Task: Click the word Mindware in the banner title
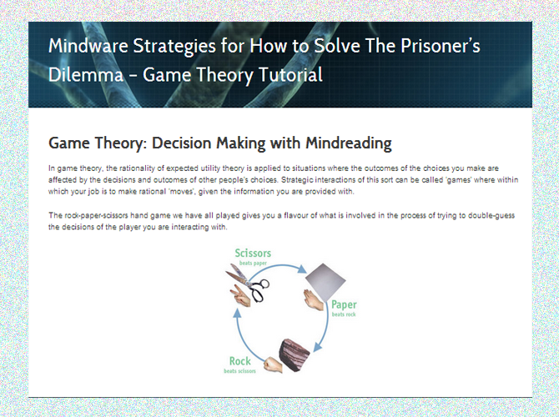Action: (x=88, y=46)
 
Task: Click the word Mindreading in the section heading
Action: (x=348, y=143)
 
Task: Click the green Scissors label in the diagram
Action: (x=253, y=253)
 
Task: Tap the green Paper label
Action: (x=344, y=304)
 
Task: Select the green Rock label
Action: (x=240, y=361)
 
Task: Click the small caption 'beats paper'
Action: (x=253, y=264)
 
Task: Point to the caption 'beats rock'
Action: (x=344, y=314)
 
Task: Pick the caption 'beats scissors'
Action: (x=239, y=371)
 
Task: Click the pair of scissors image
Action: (x=248, y=284)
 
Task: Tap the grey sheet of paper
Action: (x=325, y=280)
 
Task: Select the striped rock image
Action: (x=294, y=355)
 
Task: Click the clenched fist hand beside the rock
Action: (x=272, y=364)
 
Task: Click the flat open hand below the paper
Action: (x=314, y=299)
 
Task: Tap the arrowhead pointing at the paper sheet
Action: (x=302, y=269)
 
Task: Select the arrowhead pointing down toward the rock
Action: (x=318, y=347)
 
